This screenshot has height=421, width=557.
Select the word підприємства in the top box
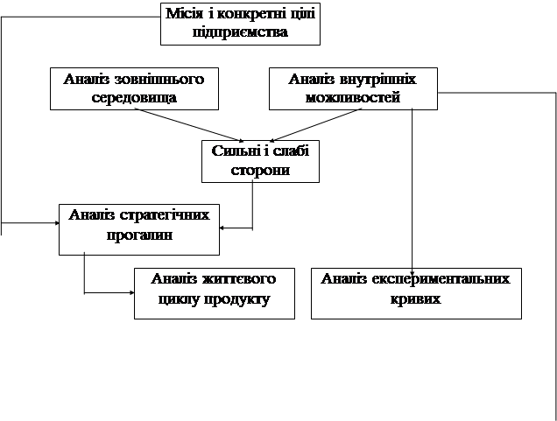(x=240, y=32)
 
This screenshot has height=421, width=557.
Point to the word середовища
(x=134, y=98)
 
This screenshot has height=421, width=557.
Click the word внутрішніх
(x=377, y=79)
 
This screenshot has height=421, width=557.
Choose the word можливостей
(x=353, y=98)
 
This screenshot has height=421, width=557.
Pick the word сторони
(x=260, y=171)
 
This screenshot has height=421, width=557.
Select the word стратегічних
(x=165, y=215)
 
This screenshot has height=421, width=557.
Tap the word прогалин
(x=139, y=235)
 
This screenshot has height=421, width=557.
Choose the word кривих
(x=416, y=298)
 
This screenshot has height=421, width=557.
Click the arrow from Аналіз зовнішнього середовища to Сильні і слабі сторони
(x=189, y=125)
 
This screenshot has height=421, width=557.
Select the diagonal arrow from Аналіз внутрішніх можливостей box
(x=315, y=125)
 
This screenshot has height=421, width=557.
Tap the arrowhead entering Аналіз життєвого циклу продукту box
(x=131, y=293)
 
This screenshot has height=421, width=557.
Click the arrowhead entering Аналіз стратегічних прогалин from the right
(x=222, y=228)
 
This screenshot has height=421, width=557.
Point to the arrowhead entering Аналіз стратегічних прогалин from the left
(x=56, y=223)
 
